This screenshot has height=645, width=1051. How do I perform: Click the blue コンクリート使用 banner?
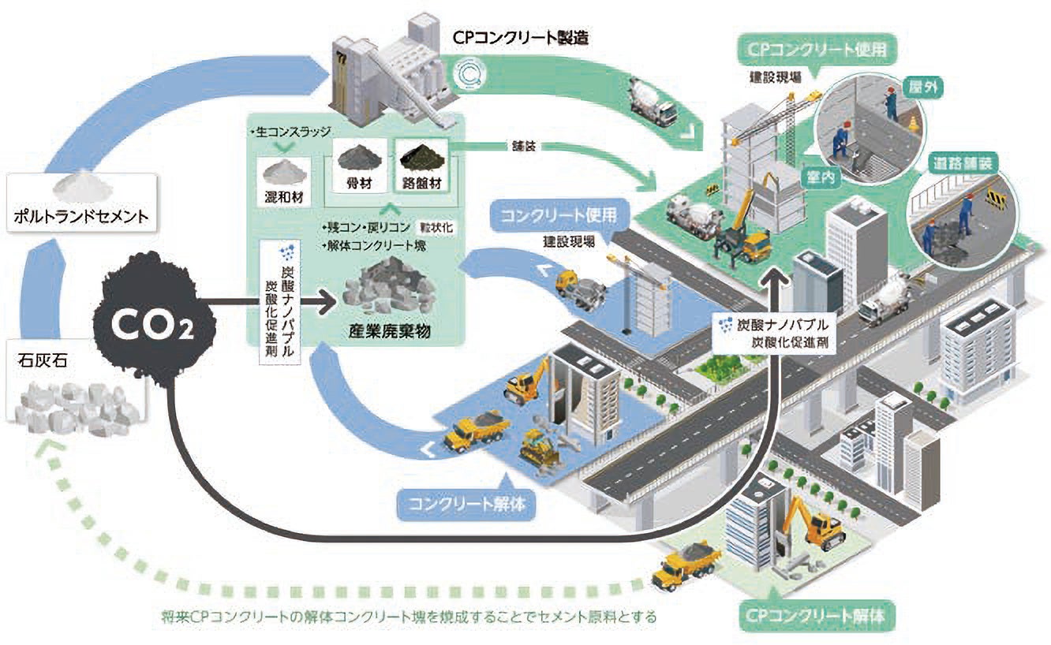[x=562, y=214]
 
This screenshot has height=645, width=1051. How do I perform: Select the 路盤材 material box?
[x=421, y=166]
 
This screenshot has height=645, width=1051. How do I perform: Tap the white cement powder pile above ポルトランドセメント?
[x=77, y=185]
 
